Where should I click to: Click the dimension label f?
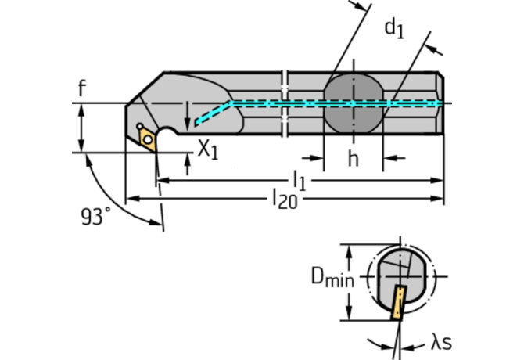coord(81,88)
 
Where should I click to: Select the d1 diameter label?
coord(393,28)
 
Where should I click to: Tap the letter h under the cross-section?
coord(354,159)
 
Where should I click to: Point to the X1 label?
coord(206,149)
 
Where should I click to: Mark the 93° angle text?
coord(95,216)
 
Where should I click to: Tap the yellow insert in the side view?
coord(147,138)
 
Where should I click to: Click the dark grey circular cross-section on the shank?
coord(354,103)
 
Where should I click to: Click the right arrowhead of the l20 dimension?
coord(438,199)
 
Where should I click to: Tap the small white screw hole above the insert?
coord(139,126)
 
